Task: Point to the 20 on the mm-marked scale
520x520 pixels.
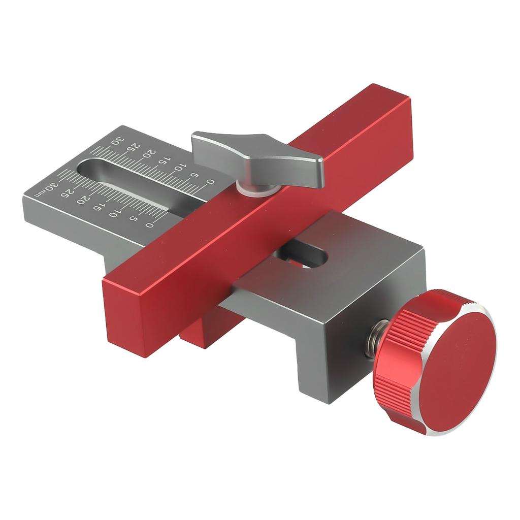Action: (x=82, y=200)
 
